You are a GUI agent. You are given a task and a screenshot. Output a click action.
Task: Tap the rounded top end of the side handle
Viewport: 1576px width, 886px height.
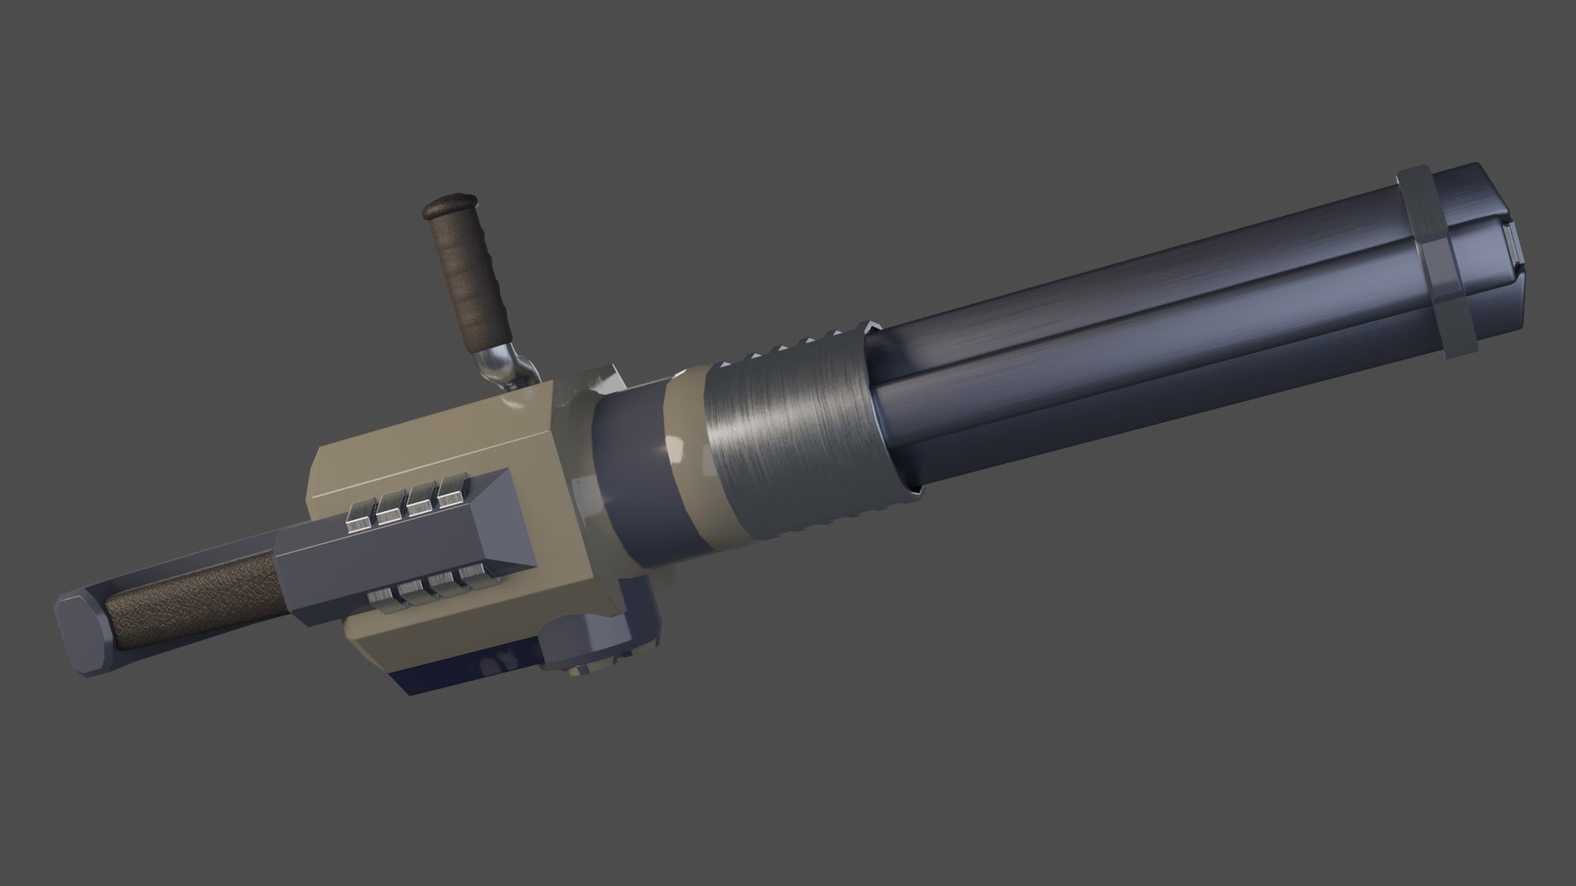448,204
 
